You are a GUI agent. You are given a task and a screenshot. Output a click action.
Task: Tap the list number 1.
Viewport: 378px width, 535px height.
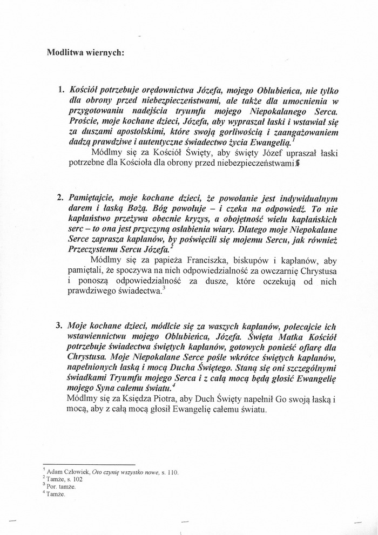[x=60, y=88]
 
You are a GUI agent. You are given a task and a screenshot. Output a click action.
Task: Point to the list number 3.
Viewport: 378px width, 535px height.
[x=60, y=326]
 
